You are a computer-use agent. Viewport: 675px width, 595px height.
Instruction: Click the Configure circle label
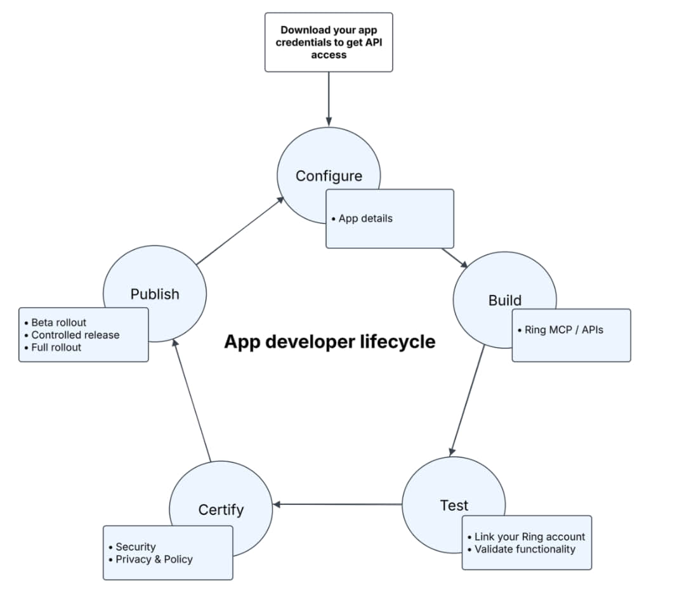click(x=329, y=176)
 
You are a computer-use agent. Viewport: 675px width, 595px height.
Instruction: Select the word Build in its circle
click(x=504, y=300)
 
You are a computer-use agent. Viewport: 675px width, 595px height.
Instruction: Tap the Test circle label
click(x=454, y=506)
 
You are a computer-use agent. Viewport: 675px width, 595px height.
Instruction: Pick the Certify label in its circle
click(x=221, y=509)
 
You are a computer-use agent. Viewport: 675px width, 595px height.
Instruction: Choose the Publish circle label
click(x=155, y=294)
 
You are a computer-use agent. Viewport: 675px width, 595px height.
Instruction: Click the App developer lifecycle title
click(x=329, y=342)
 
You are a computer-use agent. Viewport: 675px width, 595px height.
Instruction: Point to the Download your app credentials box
click(x=329, y=42)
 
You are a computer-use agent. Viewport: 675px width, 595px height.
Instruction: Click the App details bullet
click(x=365, y=218)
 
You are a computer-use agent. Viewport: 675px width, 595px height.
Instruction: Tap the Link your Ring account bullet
click(x=529, y=537)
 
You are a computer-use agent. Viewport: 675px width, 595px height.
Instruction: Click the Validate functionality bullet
click(x=524, y=549)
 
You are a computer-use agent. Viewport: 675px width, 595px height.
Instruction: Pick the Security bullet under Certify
click(x=134, y=547)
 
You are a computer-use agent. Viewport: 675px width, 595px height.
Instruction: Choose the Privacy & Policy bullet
click(x=153, y=559)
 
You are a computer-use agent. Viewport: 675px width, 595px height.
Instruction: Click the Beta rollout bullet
click(x=58, y=322)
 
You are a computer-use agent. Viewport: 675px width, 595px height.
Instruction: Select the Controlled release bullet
click(x=74, y=335)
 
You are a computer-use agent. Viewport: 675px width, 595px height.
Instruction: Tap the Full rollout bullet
click(x=56, y=348)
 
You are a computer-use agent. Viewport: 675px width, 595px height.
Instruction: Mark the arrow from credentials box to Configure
click(x=329, y=98)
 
